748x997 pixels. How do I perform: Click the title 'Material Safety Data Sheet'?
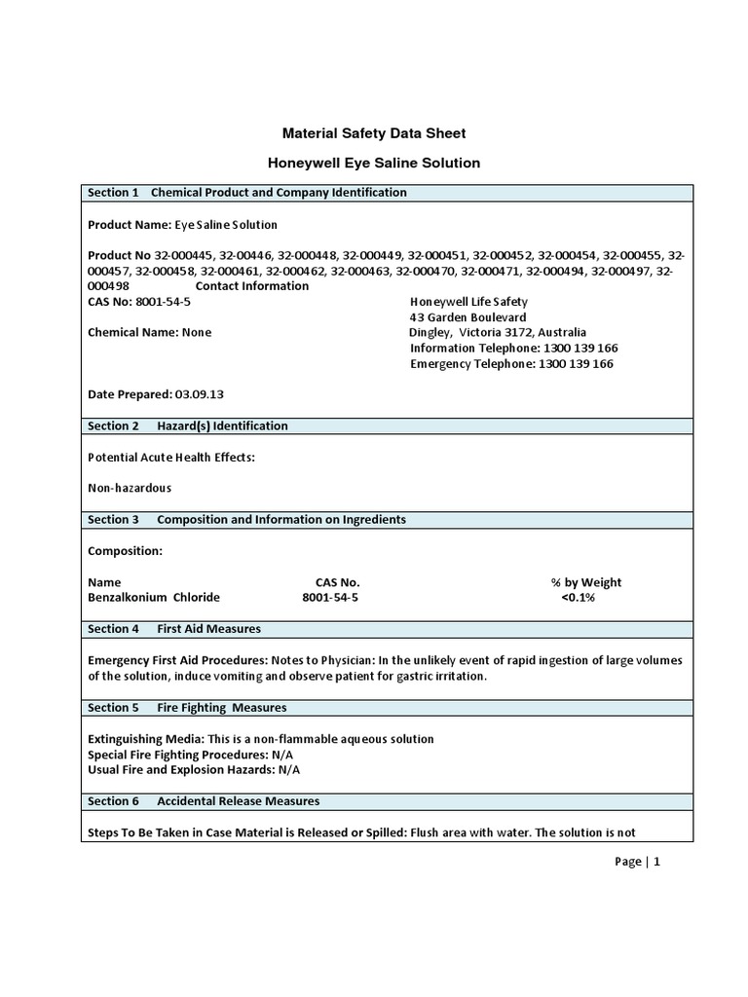[x=374, y=132]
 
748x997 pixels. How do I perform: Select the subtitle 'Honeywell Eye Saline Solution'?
[x=374, y=163]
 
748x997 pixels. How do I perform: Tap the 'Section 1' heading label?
[x=113, y=193]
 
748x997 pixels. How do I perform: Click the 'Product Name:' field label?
[x=130, y=224]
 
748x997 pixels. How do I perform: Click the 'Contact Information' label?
[x=252, y=286]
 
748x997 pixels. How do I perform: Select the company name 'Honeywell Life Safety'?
[x=467, y=302]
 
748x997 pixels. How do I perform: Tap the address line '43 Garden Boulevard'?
[x=467, y=317]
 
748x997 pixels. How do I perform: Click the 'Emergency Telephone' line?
[x=511, y=364]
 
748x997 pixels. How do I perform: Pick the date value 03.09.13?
[x=200, y=394]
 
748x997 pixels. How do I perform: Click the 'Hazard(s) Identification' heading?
[x=222, y=425]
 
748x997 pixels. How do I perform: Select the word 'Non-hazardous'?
[x=130, y=488]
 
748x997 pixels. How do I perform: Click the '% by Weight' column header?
[x=585, y=582]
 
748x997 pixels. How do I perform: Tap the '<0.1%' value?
[x=578, y=597]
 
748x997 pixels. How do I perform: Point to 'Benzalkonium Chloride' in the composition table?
[x=154, y=597]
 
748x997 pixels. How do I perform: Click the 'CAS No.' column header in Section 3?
[x=330, y=582]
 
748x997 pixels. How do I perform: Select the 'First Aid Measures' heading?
[x=208, y=629]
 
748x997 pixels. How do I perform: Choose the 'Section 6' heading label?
[x=113, y=801]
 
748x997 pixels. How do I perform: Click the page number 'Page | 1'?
[x=638, y=862]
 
